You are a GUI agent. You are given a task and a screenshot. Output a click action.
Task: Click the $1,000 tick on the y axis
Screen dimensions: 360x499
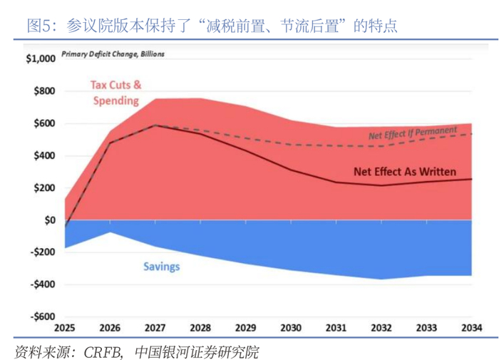click(x=40, y=59)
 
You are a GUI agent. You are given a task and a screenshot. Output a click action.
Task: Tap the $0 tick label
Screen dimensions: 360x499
click(x=49, y=220)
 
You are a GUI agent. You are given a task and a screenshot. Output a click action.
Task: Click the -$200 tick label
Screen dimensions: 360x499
click(x=42, y=252)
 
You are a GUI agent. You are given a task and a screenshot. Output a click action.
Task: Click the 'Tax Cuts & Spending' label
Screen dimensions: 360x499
click(x=115, y=93)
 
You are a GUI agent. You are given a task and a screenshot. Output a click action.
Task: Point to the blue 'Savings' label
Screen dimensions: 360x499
click(x=162, y=267)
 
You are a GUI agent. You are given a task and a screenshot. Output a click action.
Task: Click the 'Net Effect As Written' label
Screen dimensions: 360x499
click(x=404, y=172)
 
